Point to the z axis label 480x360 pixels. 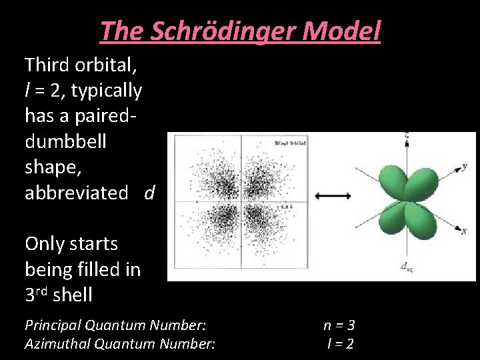point(406,134)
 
